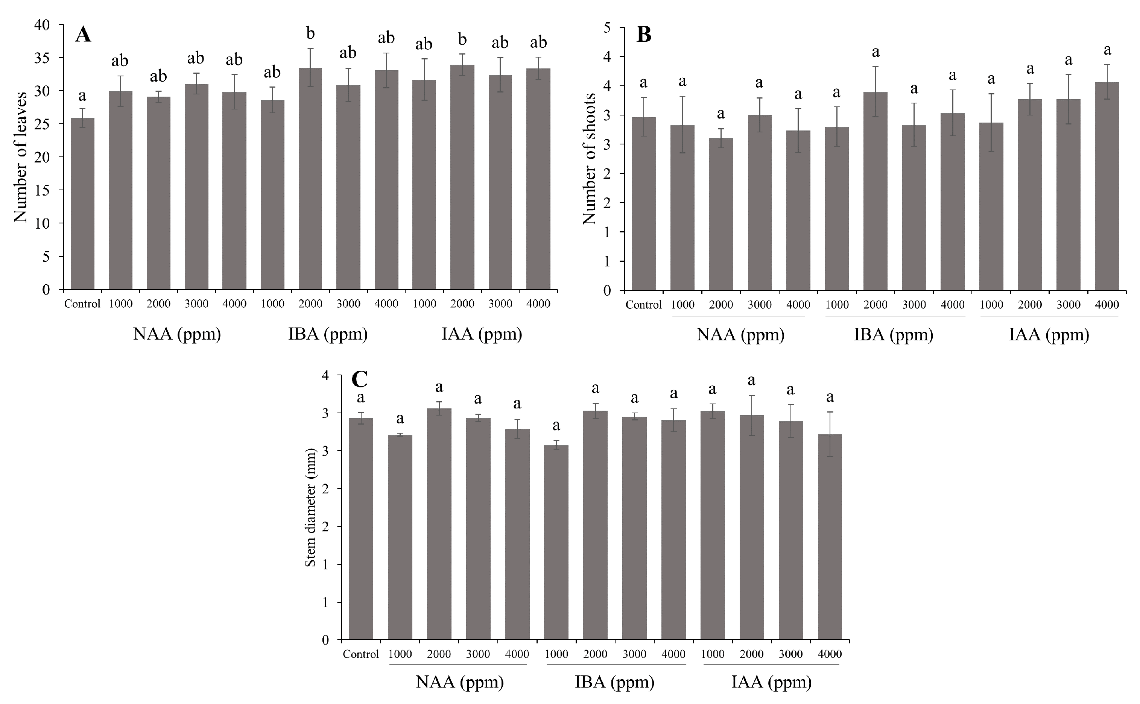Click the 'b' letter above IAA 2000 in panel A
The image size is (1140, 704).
coord(462,39)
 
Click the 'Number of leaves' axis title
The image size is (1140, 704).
coord(20,157)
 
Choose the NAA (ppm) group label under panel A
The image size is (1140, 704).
coord(177,334)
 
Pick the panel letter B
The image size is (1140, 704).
coord(644,35)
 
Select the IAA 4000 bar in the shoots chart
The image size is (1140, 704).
coord(1107,186)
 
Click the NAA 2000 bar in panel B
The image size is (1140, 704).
coord(721,214)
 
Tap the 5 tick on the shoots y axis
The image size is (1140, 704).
coord(607,27)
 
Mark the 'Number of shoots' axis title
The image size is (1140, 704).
coord(590,159)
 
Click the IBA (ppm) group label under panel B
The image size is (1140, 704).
coord(893,335)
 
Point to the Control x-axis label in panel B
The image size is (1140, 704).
coord(643,305)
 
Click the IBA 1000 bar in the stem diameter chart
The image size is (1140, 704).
coord(556,542)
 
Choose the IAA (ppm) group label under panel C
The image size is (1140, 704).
coord(771,682)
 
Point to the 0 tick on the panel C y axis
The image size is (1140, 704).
coord(325,640)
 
